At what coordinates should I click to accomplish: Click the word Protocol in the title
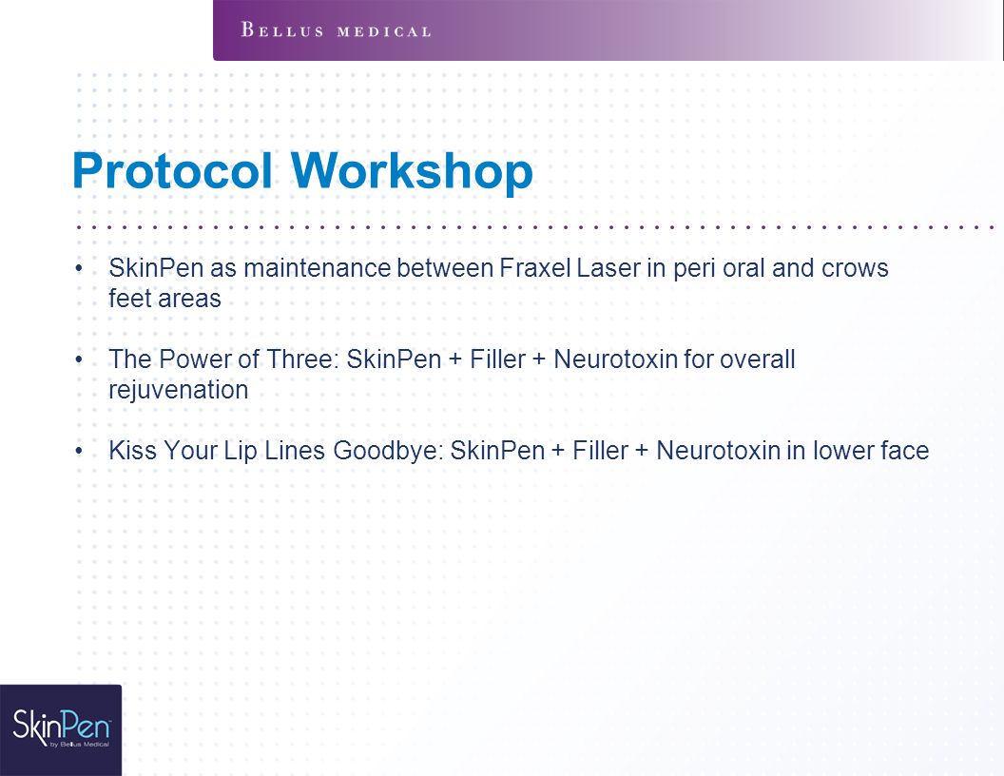[x=172, y=171]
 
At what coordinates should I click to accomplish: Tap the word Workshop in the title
[x=412, y=171]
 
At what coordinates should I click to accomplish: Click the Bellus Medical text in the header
[x=336, y=30]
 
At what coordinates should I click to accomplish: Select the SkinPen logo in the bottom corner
[x=61, y=730]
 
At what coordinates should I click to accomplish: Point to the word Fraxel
[x=534, y=268]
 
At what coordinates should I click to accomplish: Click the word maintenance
[x=317, y=268]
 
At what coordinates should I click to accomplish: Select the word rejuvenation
[x=178, y=390]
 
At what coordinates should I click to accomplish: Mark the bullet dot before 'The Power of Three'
[x=79, y=359]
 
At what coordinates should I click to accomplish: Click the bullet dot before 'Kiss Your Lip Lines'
[x=79, y=451]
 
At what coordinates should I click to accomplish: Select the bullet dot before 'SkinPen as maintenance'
[x=79, y=268]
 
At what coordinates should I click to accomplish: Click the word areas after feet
[x=191, y=299]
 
